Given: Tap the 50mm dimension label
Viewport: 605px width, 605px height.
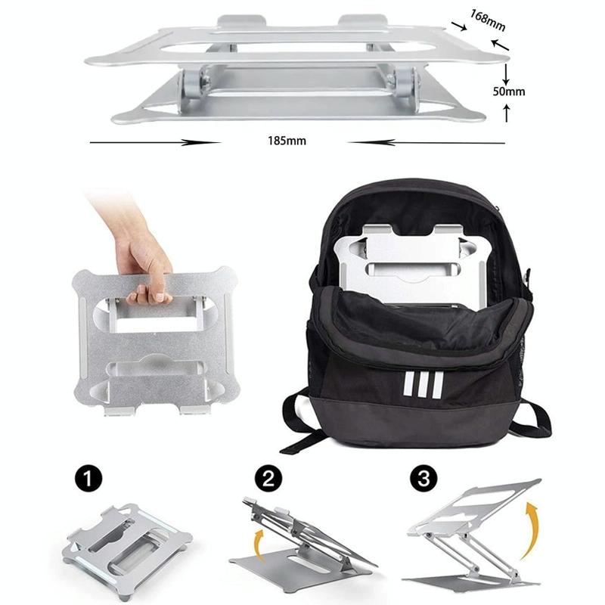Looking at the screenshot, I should (x=507, y=92).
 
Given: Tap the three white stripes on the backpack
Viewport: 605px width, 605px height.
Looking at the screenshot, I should (x=418, y=384).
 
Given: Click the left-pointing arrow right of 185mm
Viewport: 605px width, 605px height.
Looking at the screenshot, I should (x=427, y=141).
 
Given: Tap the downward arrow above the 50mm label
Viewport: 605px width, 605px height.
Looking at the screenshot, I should (x=507, y=74).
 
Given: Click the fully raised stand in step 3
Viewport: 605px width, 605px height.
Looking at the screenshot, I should (x=473, y=529).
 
